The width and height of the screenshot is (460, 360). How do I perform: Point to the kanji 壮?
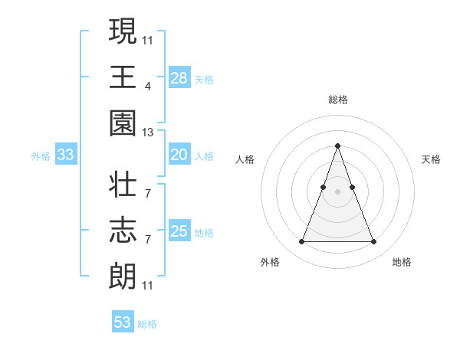(x=123, y=185)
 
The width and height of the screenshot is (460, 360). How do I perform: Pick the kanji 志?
(x=123, y=230)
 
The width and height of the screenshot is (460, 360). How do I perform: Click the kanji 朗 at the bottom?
(x=123, y=275)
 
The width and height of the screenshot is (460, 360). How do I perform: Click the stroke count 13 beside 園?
(x=148, y=133)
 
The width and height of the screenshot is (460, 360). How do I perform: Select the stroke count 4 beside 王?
(x=148, y=87)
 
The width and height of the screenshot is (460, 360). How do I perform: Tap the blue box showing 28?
(x=179, y=78)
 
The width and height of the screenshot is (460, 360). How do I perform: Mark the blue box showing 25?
(x=179, y=231)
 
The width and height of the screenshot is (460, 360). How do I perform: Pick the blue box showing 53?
(x=123, y=322)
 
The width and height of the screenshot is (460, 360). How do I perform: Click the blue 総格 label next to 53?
(x=147, y=324)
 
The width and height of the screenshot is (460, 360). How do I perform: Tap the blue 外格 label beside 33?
(x=41, y=156)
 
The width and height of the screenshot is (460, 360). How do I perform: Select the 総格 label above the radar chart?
(x=337, y=100)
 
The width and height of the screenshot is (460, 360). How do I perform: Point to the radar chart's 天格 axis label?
(x=431, y=159)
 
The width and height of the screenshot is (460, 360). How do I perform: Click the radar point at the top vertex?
(x=337, y=146)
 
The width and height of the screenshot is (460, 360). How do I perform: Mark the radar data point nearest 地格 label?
(x=373, y=242)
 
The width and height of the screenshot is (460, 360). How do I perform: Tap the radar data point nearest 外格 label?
(x=301, y=242)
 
